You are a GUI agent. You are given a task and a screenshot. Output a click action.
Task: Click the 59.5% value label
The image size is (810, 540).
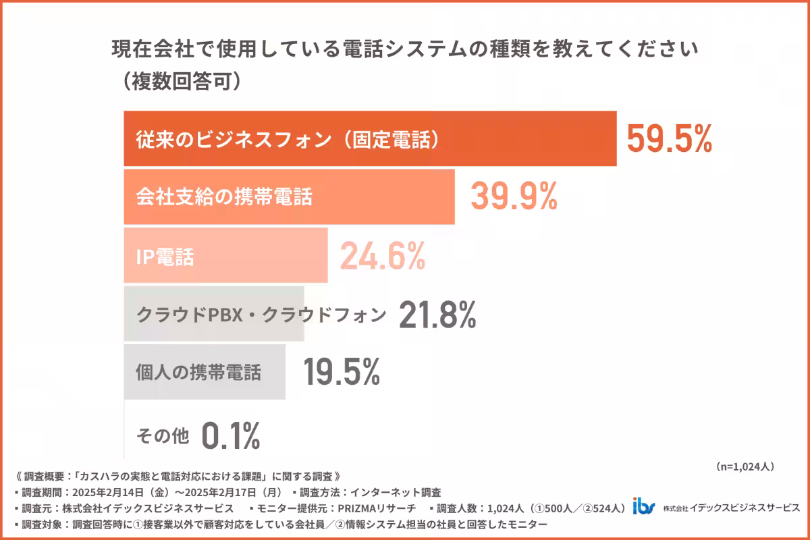(669, 140)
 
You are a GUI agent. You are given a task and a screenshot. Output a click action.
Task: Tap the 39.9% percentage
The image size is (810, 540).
(514, 197)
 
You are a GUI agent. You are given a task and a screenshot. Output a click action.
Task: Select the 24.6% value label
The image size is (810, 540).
(382, 256)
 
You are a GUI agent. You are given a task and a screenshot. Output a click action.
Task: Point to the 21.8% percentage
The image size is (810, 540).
(437, 314)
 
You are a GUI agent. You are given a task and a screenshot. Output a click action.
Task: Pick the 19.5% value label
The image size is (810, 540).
(341, 372)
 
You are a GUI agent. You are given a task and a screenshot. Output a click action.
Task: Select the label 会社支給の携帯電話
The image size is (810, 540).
(224, 197)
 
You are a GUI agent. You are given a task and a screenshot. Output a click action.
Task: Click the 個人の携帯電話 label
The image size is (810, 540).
(198, 373)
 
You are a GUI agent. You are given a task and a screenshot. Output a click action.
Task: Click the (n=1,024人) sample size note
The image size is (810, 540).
(743, 466)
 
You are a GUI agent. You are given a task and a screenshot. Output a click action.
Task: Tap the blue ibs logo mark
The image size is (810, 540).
(644, 506)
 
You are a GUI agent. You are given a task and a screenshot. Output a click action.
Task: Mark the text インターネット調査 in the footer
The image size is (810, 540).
(402, 491)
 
